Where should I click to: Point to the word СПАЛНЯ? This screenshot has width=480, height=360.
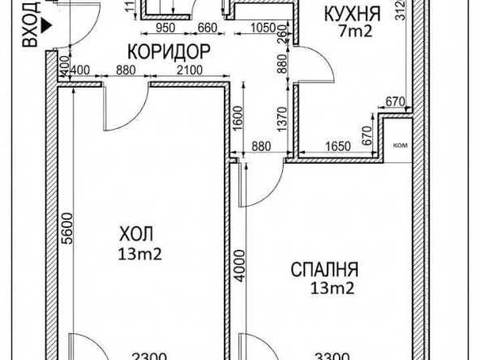pyautogui.click(x=325, y=269)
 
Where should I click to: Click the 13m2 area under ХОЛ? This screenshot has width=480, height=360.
pyautogui.click(x=139, y=255)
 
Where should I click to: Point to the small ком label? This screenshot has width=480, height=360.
pyautogui.click(x=400, y=146)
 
